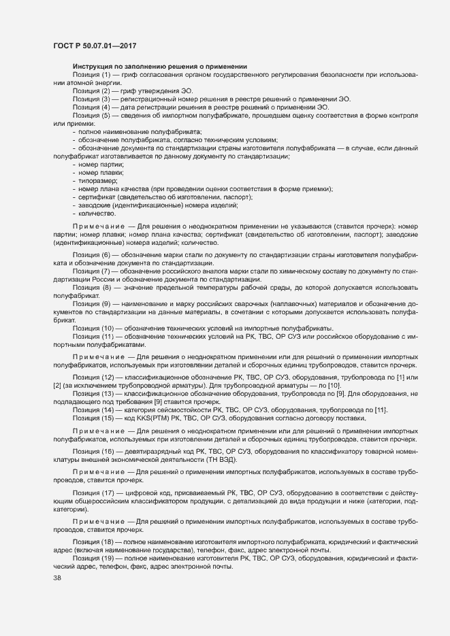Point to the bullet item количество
click(97, 213)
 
